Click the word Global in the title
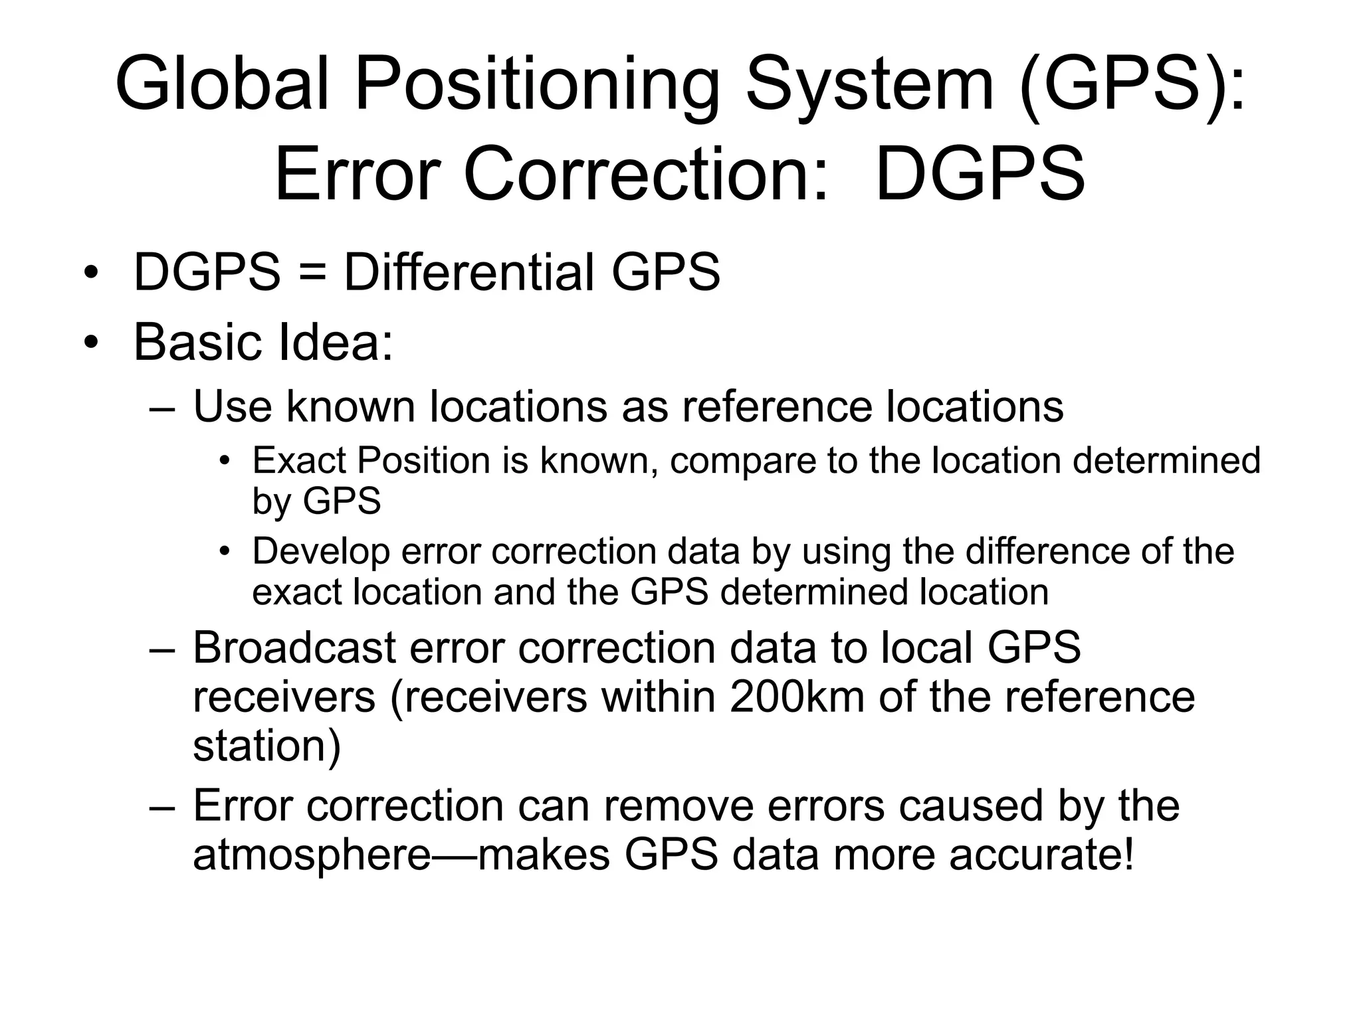[222, 85]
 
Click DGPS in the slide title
[980, 175]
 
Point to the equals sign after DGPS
[312, 274]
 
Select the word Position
[423, 460]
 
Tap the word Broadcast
[294, 647]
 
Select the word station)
[266, 746]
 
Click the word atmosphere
[312, 855]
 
